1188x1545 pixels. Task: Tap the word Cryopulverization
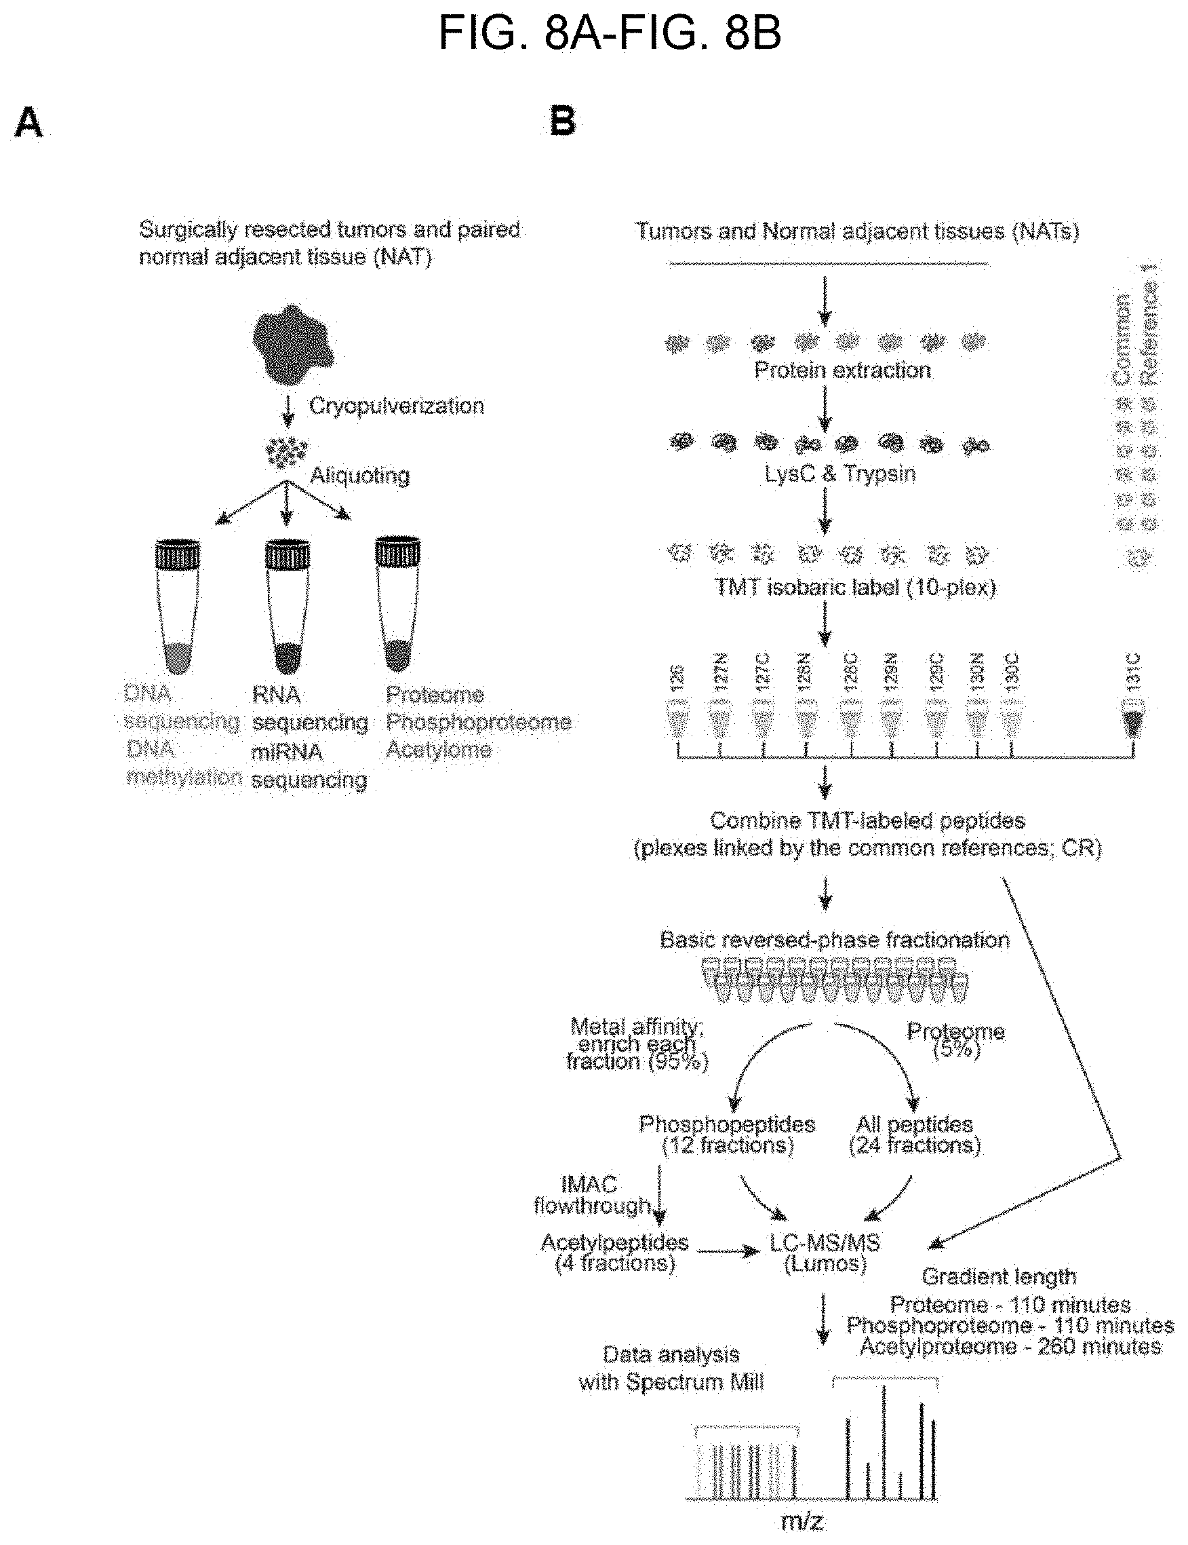click(396, 406)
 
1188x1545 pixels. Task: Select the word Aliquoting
click(360, 476)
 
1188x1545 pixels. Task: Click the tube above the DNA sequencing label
click(177, 605)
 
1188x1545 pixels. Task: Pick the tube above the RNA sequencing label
click(287, 605)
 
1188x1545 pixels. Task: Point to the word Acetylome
click(439, 750)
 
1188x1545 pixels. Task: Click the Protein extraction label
click(842, 370)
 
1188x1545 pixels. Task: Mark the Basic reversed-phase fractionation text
click(835, 940)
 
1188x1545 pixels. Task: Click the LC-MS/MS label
click(825, 1242)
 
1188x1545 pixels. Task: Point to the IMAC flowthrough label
click(592, 1195)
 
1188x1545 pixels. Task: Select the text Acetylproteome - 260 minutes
click(1010, 1346)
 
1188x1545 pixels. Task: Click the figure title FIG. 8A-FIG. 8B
click(610, 33)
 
